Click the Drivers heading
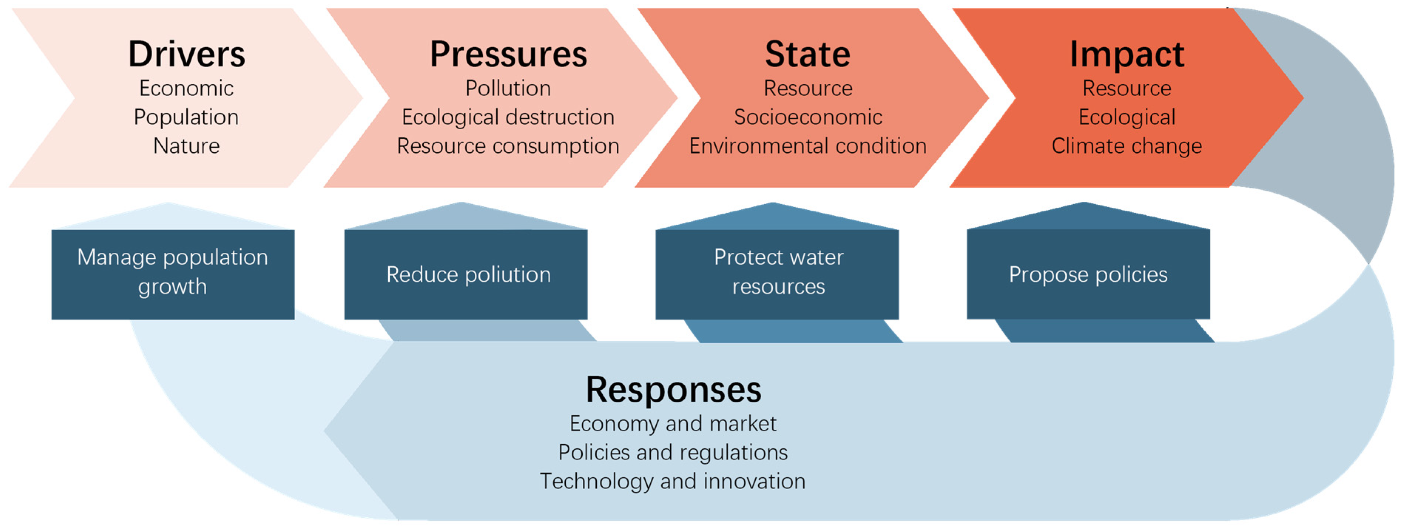187,54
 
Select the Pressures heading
508,54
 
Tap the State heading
808,54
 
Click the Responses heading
673,391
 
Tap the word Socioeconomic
808,117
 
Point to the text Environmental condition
808,146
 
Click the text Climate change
1127,146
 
